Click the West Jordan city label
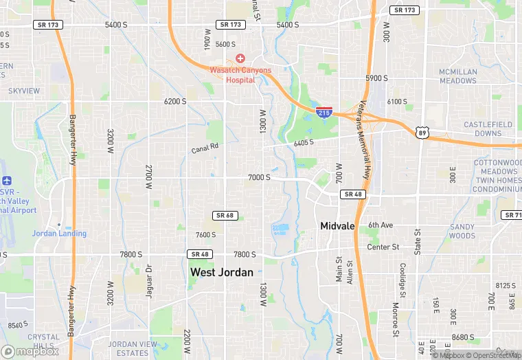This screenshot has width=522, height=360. coord(221,272)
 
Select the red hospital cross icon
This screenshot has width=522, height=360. coord(240,58)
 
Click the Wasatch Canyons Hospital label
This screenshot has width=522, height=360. coord(240,75)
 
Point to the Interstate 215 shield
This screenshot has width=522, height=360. coord(324,111)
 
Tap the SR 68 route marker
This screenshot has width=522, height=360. coord(225,216)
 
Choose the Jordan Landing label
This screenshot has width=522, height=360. coord(59,233)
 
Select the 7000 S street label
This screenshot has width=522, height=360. coord(259,177)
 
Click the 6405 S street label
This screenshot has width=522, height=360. coord(303,143)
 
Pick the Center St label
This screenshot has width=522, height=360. coord(383,247)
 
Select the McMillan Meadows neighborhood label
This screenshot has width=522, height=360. coord(458,76)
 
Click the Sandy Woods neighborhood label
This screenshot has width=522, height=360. coord(462,231)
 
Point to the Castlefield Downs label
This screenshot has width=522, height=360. coord(488,128)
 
